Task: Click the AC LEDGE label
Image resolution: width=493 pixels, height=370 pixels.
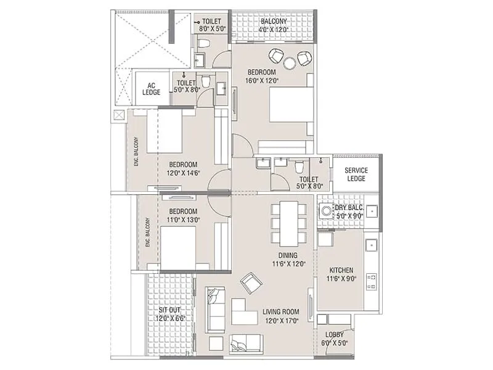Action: point(152,88)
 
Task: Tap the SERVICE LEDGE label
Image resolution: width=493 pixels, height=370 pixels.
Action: point(356,174)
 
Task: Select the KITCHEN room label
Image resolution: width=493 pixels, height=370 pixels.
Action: point(341,270)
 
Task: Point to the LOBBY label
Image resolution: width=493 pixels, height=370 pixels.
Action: point(335,335)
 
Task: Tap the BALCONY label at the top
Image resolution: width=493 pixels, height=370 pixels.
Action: point(272,21)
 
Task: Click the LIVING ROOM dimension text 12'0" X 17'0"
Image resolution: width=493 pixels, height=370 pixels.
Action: point(280,321)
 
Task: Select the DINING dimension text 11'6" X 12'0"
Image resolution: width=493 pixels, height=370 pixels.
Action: point(287,264)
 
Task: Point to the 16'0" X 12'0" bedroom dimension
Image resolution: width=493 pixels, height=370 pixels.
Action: point(262,80)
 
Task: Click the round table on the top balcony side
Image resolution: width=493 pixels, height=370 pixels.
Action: point(290,63)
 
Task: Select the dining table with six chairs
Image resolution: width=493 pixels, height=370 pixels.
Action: point(288,223)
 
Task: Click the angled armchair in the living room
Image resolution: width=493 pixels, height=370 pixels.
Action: point(251,282)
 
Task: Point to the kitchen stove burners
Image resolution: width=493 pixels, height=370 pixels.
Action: point(372,281)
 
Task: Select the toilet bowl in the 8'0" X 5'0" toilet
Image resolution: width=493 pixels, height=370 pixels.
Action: point(205,43)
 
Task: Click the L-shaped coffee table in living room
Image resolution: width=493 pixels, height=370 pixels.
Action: point(243,312)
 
